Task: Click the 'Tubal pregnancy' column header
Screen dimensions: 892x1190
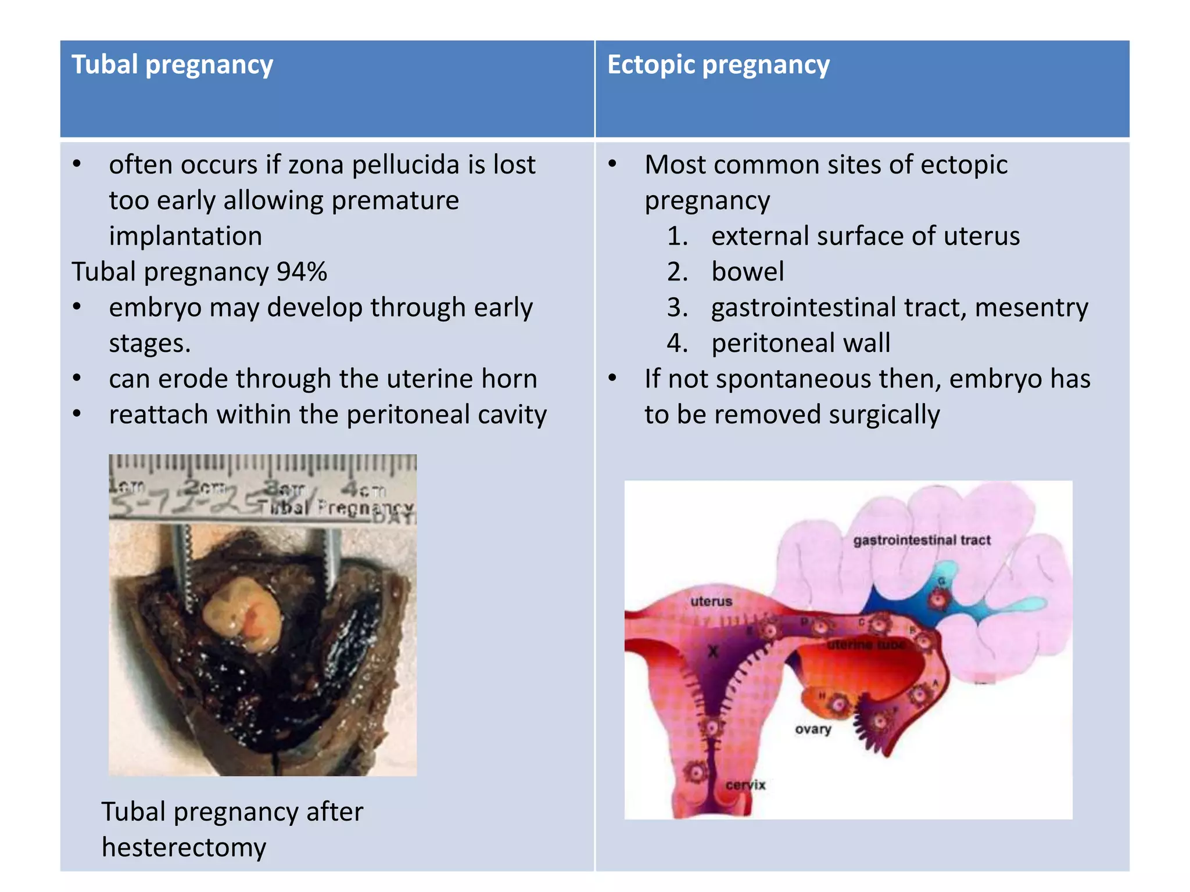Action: coord(172,64)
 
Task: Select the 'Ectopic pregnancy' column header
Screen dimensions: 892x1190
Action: coord(718,64)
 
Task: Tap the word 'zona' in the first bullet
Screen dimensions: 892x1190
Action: coord(316,165)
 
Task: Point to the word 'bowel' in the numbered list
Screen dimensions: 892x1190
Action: coord(748,272)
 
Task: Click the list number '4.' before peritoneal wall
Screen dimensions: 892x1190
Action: coord(678,343)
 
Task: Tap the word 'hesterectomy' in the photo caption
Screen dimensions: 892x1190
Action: coord(184,848)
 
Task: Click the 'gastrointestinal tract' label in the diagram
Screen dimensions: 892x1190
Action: coord(922,540)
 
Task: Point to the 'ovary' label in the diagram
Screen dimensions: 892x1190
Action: coord(813,729)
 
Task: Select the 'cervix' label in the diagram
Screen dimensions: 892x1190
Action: coord(745,785)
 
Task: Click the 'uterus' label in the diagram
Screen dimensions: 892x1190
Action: coord(711,601)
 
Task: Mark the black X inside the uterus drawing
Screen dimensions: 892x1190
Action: coord(713,652)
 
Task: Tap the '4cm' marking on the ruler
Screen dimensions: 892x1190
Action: coord(363,490)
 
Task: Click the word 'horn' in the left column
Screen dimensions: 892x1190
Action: coord(509,379)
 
